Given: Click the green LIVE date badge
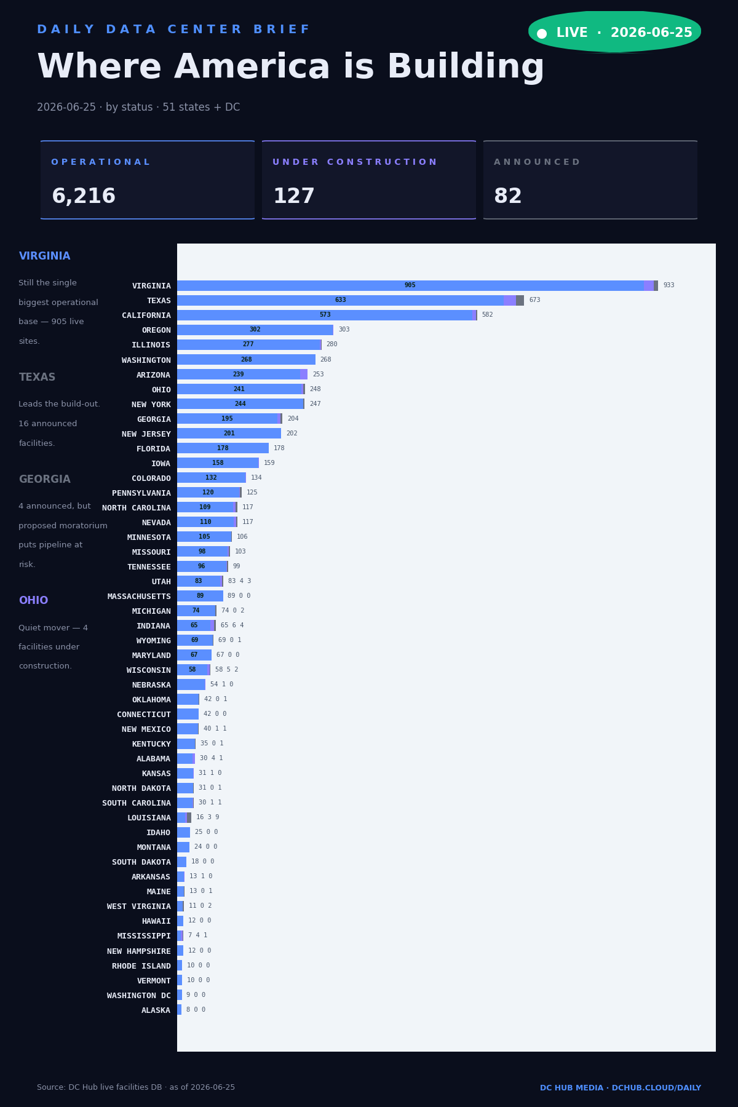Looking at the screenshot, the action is [614, 32].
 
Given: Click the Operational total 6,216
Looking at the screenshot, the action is [84, 197].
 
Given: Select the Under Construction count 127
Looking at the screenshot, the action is [294, 197].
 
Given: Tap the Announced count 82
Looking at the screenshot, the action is [508, 197].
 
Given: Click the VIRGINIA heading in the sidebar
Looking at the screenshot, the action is [44, 256].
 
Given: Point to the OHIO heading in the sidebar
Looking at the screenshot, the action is [33, 601].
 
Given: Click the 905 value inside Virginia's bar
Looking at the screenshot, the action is [410, 285].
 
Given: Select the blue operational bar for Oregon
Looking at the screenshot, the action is [255, 330].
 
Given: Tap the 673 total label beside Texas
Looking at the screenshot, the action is [534, 300].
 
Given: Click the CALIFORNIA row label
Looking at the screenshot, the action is [146, 315].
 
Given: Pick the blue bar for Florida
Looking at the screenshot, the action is [223, 448].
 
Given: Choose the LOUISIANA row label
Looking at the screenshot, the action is [149, 818].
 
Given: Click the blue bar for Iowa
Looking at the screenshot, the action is [218, 463].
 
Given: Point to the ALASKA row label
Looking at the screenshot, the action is [156, 1010].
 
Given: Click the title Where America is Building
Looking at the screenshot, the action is [291, 68].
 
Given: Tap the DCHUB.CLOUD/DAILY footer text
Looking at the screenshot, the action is [656, 1088].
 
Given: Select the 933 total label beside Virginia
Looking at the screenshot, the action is [669, 285].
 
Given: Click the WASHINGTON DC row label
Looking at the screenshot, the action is [139, 996].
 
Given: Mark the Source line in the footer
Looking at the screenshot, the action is [136, 1087].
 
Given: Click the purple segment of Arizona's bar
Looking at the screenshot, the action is [304, 375].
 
